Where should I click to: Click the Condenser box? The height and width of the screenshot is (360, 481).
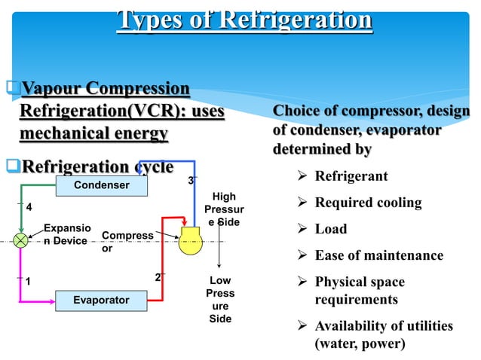[100, 185]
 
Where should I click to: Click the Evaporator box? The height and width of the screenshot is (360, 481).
[100, 300]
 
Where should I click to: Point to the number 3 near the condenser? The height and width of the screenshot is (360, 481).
[191, 181]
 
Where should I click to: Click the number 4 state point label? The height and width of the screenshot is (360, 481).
[29, 206]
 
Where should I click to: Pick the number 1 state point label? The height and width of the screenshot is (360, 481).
[29, 281]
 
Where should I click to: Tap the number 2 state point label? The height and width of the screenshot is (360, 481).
[158, 277]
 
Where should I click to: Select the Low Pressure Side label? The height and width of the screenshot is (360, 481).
[220, 300]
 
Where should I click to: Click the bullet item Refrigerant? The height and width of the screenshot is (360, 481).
[351, 177]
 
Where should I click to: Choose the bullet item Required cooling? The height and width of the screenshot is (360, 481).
[368, 203]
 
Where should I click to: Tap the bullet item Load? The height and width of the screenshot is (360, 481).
[330, 229]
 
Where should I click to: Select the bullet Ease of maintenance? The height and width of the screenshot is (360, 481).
[378, 255]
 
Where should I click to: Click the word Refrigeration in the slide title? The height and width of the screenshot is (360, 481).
[293, 20]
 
